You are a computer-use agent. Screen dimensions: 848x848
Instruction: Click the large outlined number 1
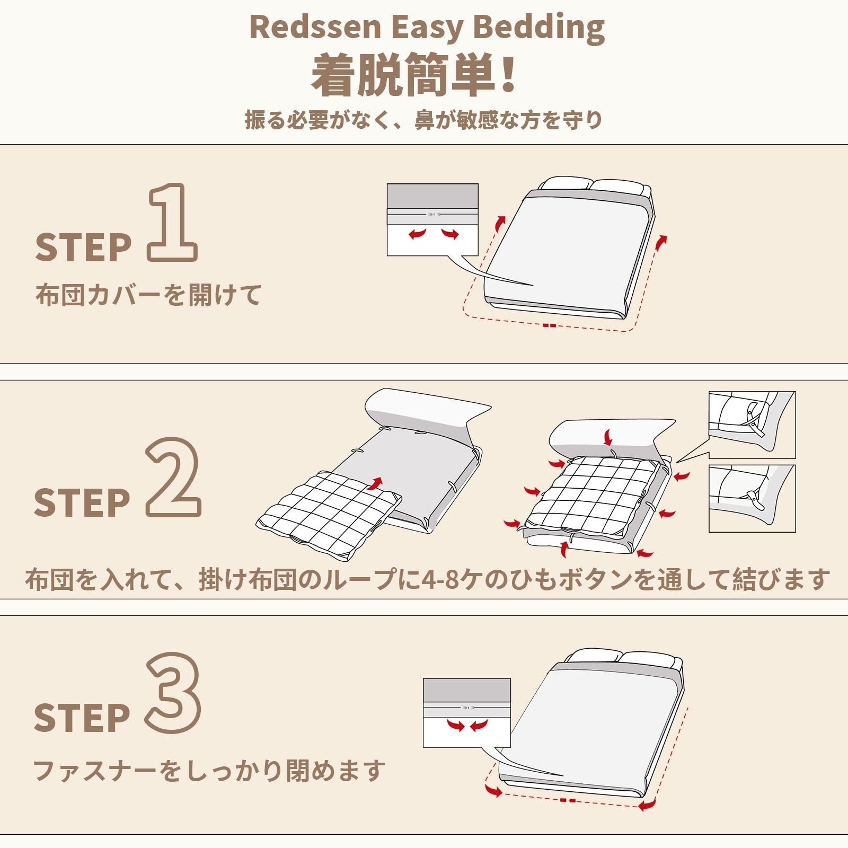tap(172, 223)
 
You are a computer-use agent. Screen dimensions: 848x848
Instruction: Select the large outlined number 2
tap(173, 477)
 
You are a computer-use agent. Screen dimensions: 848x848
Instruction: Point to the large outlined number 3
tap(173, 693)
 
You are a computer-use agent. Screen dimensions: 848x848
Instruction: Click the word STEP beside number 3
tap(82, 718)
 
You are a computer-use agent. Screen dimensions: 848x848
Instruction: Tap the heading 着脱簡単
tap(403, 75)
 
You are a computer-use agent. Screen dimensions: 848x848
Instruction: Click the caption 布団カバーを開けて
tap(148, 295)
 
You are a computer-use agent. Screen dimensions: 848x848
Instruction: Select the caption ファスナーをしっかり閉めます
tap(209, 771)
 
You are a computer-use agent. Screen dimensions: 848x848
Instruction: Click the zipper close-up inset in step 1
tap(432, 220)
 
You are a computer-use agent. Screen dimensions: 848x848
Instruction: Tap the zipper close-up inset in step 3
tap(466, 713)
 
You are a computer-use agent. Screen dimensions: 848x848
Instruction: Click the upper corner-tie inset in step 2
tap(752, 425)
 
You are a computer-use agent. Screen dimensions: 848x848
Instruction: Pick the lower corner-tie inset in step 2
tap(752, 498)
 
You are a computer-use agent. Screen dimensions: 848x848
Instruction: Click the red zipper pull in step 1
tap(549, 325)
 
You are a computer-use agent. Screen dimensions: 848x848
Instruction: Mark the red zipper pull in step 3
tap(567, 800)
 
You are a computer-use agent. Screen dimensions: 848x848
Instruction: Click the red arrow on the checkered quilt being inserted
tap(375, 483)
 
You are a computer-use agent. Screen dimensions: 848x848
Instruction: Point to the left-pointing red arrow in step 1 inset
tap(417, 233)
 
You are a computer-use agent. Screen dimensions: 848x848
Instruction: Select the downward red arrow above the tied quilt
tap(608, 438)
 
